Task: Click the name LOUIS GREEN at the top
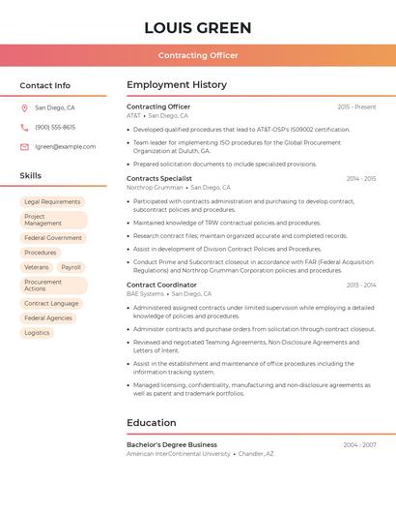coord(197,28)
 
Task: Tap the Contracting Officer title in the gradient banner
coord(197,55)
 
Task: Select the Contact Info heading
coord(45,85)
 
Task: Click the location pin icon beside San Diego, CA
coord(24,108)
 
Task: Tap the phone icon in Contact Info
coord(24,128)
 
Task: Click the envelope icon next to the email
coord(24,147)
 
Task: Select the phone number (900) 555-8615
coord(55,128)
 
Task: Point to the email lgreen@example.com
coord(65,147)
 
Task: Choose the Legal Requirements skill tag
coord(52,202)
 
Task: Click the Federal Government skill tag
coord(53,237)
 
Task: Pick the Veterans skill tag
coord(36,267)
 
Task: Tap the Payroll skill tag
coord(71,267)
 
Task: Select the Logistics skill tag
coord(37,333)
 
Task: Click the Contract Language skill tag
coord(51,304)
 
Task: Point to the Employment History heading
coord(177,85)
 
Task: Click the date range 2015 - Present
coord(356,106)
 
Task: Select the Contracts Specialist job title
coord(159,178)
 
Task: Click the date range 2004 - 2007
coord(359,445)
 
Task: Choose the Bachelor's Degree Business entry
coord(172,445)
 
